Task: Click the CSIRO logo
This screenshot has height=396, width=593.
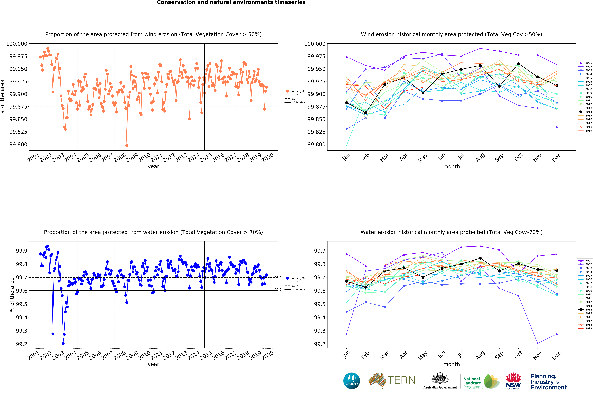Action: pos(351,381)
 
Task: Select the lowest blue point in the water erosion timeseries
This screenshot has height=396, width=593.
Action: pos(63,343)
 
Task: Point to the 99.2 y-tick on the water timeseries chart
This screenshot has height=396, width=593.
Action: pos(22,344)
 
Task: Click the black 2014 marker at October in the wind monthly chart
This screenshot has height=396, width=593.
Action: pos(518,64)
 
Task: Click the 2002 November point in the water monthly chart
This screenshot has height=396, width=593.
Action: pos(537,343)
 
